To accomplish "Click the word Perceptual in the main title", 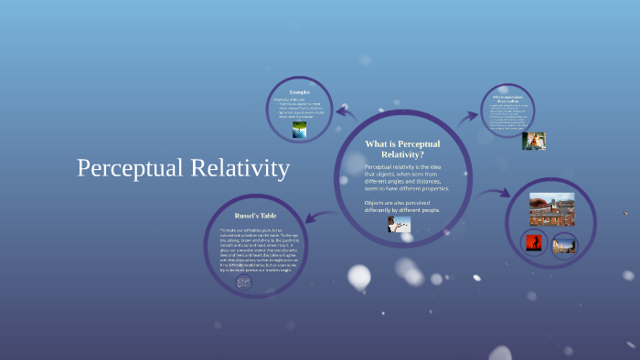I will point(129,169).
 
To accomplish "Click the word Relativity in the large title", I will point(239,168).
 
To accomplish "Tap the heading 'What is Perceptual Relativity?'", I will point(401,149).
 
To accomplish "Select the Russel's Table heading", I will point(244,215).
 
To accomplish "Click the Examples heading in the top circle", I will point(300,92).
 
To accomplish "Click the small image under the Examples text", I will point(300,131).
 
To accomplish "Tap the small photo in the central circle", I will point(399,225).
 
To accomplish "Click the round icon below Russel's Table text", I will point(244,282).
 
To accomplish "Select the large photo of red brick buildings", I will point(551,209).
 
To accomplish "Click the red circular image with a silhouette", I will point(532,243).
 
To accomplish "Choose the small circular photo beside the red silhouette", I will point(564,243).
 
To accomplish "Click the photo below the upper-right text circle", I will point(533,141).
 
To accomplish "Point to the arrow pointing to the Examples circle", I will point(346,112).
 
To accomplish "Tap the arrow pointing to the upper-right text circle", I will point(467,117).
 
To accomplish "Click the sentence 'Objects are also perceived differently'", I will point(402,206).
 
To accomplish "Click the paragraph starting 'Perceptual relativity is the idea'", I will point(406,177).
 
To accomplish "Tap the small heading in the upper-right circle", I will point(508,97).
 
